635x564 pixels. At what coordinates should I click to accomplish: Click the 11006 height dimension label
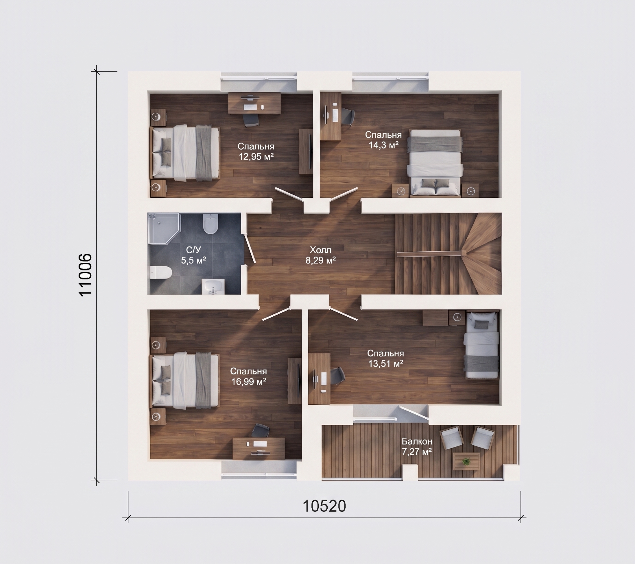pyautogui.click(x=85, y=275)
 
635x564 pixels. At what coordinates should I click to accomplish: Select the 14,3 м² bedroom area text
pyautogui.click(x=383, y=145)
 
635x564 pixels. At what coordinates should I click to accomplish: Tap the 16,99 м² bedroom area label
pyautogui.click(x=248, y=381)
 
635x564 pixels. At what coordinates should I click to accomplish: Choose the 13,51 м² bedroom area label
pyautogui.click(x=385, y=363)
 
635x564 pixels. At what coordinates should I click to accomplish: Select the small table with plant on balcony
pyautogui.click(x=466, y=461)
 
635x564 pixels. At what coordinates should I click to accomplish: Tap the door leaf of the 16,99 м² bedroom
pyautogui.click(x=276, y=314)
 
